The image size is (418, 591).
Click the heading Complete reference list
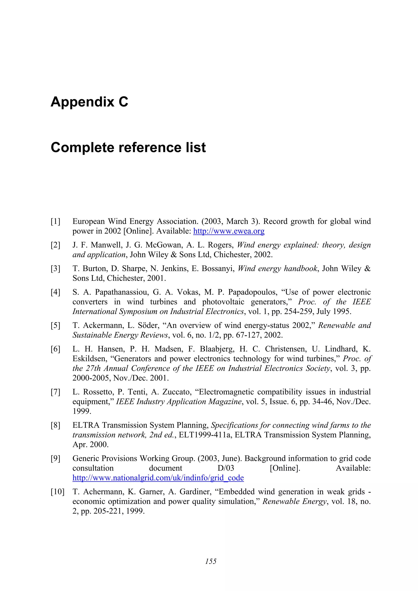[x=128, y=147]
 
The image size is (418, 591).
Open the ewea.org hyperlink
[x=229, y=231]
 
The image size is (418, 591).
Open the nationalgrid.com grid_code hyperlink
[x=158, y=478]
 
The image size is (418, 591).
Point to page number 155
[x=211, y=561]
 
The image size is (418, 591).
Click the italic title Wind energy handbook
[x=277, y=268]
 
